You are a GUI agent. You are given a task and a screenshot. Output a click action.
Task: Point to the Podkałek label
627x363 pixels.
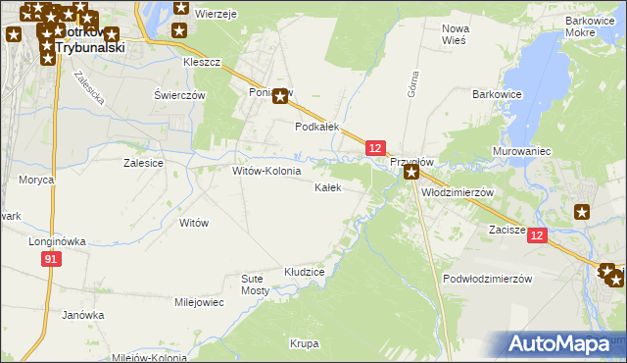point(317,127)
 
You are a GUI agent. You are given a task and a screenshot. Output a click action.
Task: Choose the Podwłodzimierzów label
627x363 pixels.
point(487,279)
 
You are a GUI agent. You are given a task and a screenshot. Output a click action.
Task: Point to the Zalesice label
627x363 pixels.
point(142,164)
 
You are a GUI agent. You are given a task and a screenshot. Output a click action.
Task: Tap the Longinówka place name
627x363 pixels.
point(59,240)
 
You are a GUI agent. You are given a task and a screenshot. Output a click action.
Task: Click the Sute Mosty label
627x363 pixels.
point(255,285)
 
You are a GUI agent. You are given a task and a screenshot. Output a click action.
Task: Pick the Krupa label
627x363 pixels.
point(304,343)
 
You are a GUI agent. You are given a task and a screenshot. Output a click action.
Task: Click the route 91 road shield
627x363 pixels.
point(52,258)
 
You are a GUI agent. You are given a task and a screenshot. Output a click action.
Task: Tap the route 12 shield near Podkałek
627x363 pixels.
point(375,147)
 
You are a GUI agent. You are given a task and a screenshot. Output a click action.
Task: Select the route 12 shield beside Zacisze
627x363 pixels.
point(537,235)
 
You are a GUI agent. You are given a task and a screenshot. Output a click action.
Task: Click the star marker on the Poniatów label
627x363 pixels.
point(281,96)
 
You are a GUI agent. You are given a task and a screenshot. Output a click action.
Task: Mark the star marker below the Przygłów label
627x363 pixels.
point(411,173)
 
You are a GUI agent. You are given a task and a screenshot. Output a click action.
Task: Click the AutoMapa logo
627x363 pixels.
point(564,343)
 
